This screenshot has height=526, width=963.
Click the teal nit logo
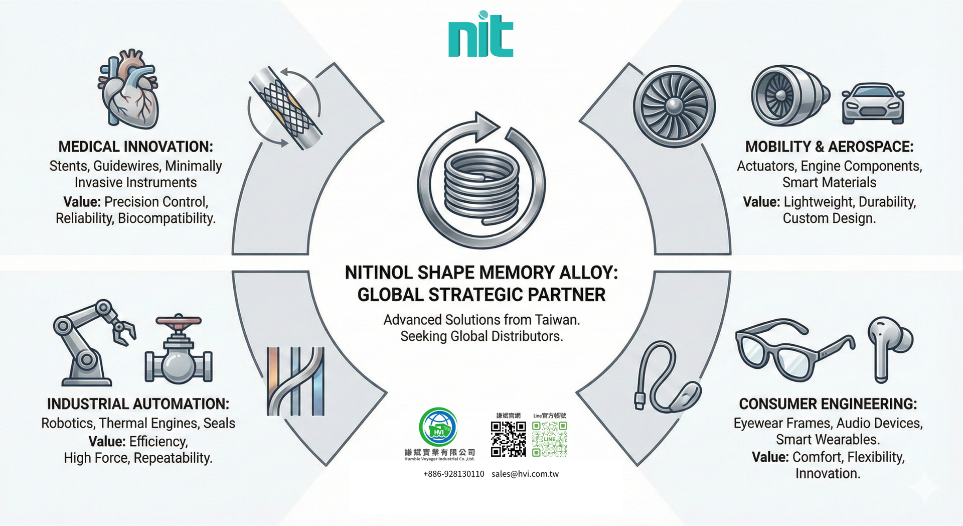pos(480,35)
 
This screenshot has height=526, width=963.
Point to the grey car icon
pos(873,104)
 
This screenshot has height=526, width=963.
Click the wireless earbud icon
pos(889,346)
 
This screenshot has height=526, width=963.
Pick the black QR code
pos(508,439)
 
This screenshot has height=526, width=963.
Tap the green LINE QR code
pos(550,439)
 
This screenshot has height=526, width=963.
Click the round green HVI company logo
pos(438,427)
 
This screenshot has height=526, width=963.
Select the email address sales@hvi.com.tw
pos(525,474)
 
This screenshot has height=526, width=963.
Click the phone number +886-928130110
pos(453,474)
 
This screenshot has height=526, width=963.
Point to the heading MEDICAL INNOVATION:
pos(135,147)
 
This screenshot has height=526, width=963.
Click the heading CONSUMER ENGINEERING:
pos(828,404)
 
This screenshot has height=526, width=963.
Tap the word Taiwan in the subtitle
pos(557,320)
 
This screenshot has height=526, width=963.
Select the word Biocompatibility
pos(167,218)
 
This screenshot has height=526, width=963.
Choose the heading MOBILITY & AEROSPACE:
pos(829,147)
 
